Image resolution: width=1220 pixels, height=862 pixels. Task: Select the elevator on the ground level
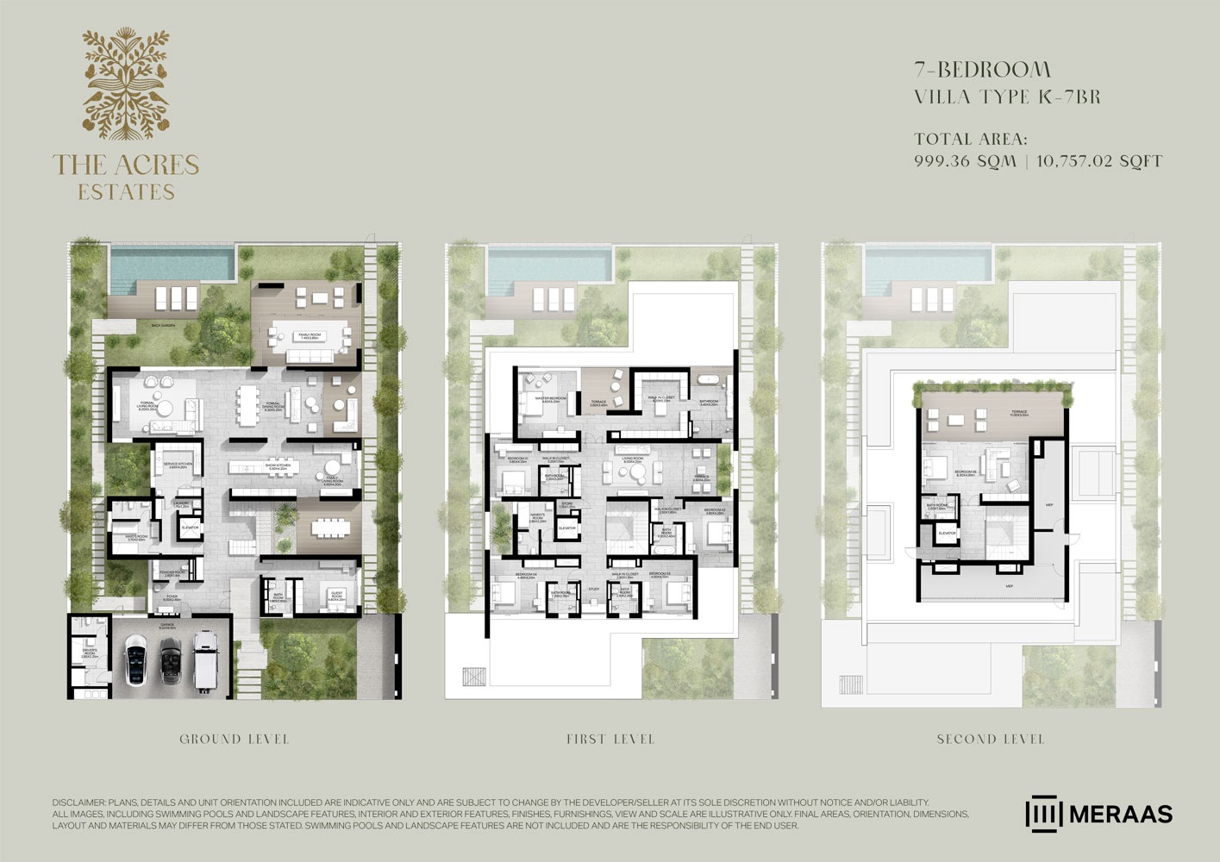tap(190, 527)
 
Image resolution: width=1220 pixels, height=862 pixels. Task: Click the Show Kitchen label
tap(278, 466)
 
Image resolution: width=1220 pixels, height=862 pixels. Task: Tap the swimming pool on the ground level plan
tap(172, 264)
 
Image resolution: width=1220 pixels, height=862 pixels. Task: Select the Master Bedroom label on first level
tap(551, 399)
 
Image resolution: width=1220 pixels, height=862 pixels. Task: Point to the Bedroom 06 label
tap(964, 472)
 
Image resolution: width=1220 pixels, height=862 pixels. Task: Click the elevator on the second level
tap(947, 534)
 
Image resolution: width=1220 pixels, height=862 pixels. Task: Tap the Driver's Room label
tap(89, 654)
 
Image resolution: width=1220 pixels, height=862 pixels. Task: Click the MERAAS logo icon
tap(1043, 814)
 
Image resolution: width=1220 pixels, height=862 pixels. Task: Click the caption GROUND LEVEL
tap(234, 740)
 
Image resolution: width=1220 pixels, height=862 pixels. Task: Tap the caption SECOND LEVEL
tap(991, 740)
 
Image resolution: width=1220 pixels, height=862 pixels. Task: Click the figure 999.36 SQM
tap(965, 161)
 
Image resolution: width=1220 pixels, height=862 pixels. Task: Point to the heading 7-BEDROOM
tap(982, 69)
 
